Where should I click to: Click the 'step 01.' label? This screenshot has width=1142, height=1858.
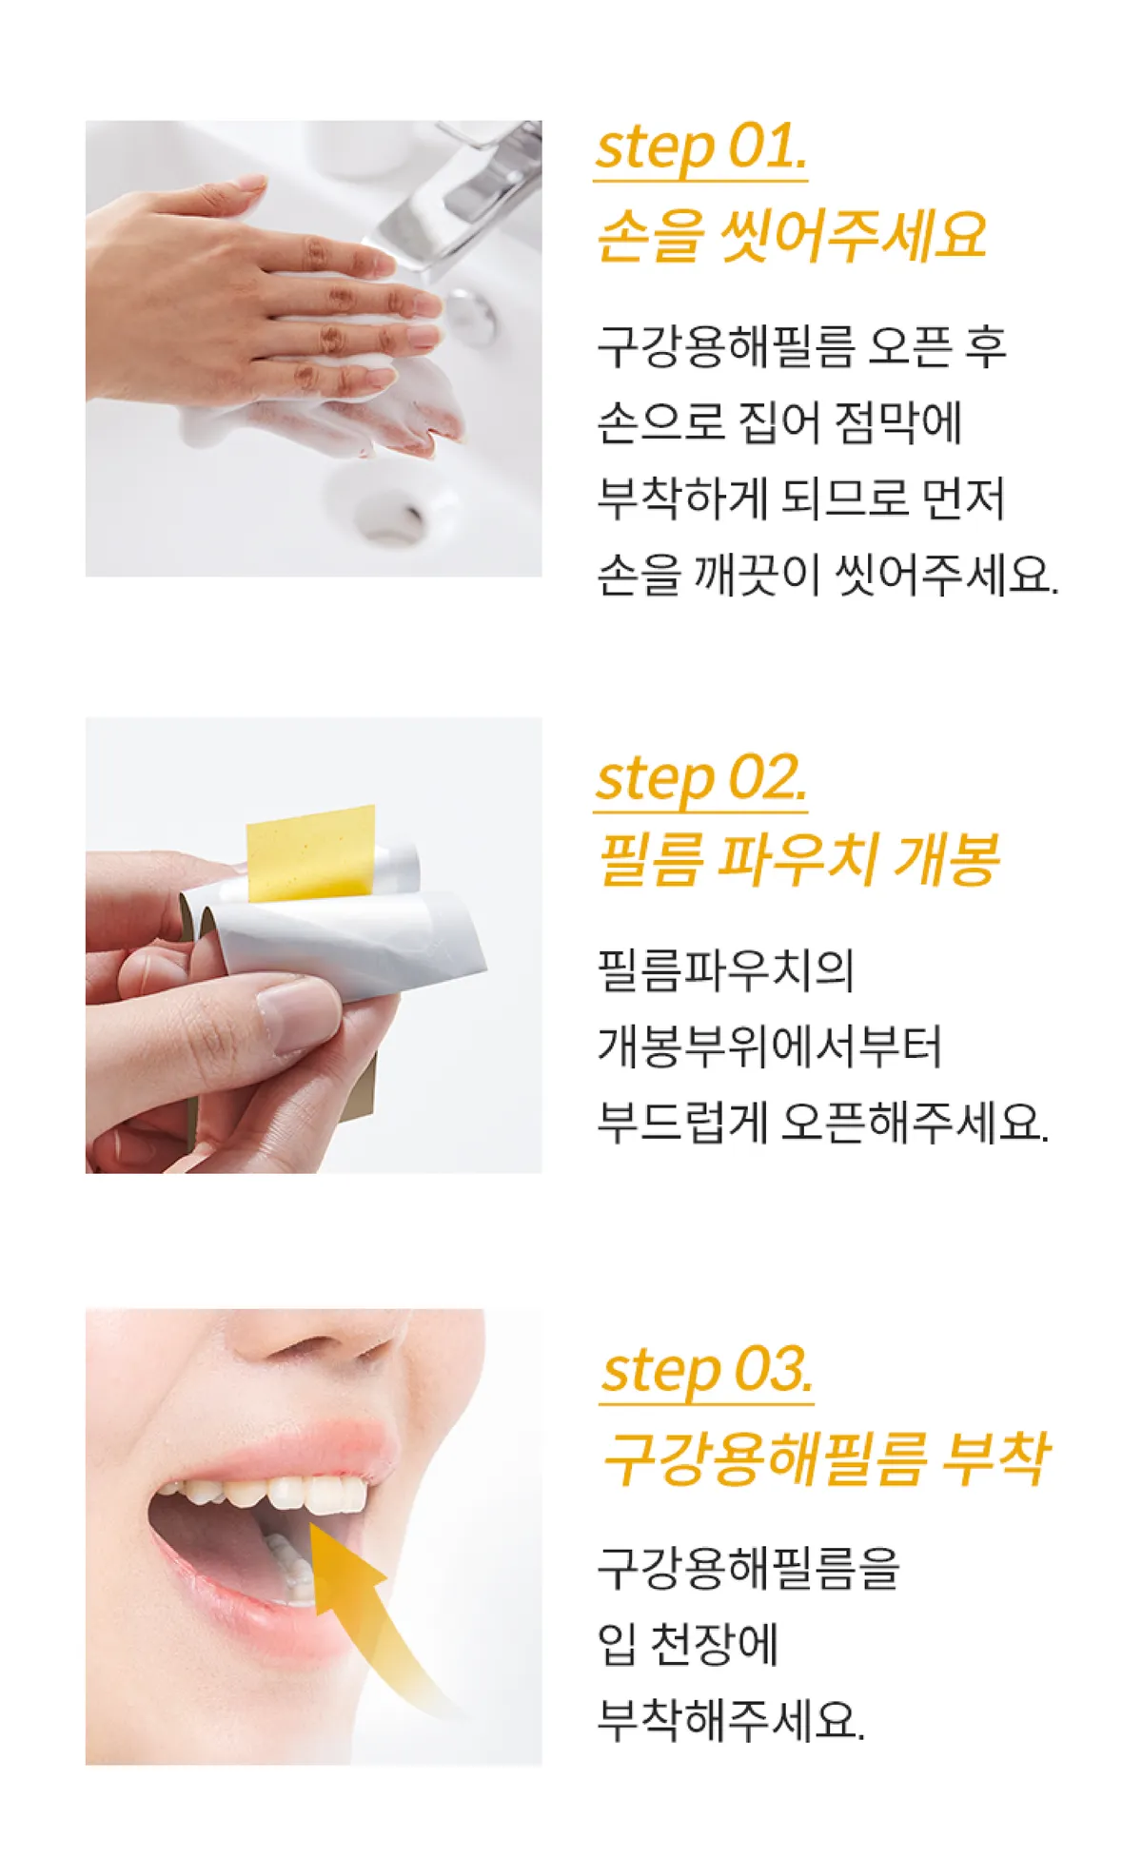coord(701,148)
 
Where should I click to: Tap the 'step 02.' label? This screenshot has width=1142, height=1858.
coord(701,779)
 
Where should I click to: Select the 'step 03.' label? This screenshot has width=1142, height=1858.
coord(708,1371)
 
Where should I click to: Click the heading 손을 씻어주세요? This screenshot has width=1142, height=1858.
coord(791,236)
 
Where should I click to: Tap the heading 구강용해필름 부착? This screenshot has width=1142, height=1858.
coord(826,1458)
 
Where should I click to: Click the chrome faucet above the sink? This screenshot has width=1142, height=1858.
coord(462,200)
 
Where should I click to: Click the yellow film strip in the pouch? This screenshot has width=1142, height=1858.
coord(311,852)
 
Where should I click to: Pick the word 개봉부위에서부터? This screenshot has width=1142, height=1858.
coord(769,1046)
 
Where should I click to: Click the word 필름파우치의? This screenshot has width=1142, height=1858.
coord(725,969)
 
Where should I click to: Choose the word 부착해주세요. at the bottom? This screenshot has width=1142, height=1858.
coord(731,1720)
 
